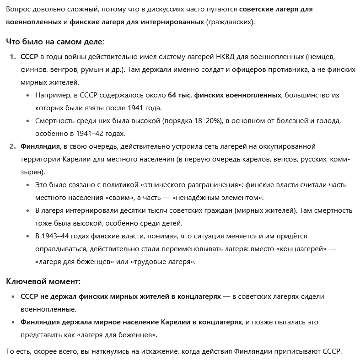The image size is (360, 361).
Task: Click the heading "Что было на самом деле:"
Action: pos(55,42)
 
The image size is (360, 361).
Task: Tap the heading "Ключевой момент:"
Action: pos(43,281)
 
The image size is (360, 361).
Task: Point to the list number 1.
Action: pos(12,57)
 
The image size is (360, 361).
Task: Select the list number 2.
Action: pos(12,146)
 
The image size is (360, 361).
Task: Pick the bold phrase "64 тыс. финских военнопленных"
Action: pos(225,95)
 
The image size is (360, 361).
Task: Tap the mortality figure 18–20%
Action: pos(208,121)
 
